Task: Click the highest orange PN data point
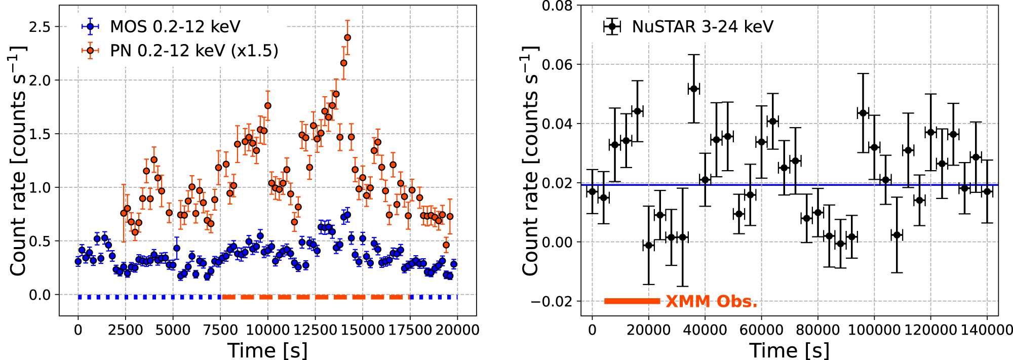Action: click(x=347, y=37)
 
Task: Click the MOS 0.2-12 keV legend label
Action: click(x=175, y=27)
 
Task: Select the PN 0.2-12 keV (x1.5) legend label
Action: click(x=194, y=51)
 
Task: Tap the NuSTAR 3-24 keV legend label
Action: click(x=702, y=27)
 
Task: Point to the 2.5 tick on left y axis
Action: click(x=40, y=27)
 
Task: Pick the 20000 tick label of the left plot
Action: click(x=457, y=330)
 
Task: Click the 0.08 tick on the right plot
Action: click(x=557, y=6)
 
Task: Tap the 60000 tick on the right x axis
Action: click(x=761, y=330)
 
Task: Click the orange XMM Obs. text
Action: click(x=711, y=302)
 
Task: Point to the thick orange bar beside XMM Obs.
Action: click(x=632, y=301)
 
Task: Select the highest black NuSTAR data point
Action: click(x=693, y=89)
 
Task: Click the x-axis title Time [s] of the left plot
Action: click(x=267, y=350)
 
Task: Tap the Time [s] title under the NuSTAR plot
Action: click(x=789, y=350)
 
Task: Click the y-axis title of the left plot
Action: click(x=18, y=161)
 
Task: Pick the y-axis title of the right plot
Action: click(x=530, y=161)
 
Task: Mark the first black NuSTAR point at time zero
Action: click(x=592, y=192)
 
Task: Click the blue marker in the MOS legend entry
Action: click(x=90, y=27)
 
